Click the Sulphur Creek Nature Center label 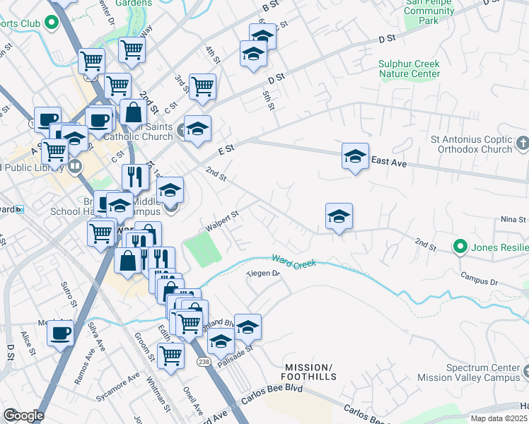(x=409, y=69)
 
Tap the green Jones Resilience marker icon (x=460, y=247)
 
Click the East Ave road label (x=389, y=163)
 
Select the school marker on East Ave (x=355, y=157)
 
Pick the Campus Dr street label (x=478, y=278)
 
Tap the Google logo (x=23, y=415)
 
